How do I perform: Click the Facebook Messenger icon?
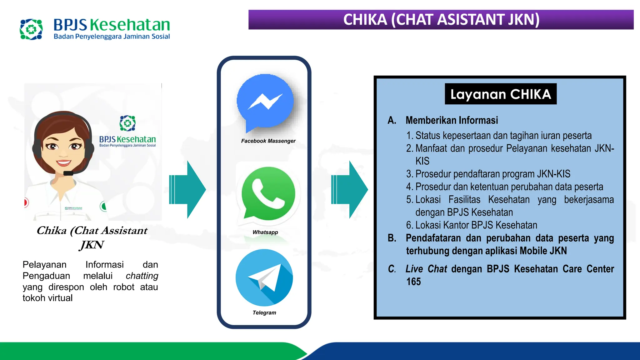(265, 102)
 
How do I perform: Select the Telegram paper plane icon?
(264, 277)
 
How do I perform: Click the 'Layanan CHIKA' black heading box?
(501, 94)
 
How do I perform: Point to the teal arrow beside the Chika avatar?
(188, 190)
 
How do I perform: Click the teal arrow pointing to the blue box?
(350, 190)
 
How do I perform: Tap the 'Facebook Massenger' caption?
(268, 141)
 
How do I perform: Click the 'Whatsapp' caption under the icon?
(265, 232)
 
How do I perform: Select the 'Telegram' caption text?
(264, 312)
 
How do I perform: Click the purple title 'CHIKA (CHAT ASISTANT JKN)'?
(441, 20)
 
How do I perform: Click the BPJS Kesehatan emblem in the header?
(31, 29)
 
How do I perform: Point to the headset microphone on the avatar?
(68, 173)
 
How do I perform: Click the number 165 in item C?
(413, 282)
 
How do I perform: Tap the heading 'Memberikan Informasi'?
(452, 120)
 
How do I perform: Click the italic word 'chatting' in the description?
(142, 276)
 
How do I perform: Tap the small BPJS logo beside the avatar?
(127, 123)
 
